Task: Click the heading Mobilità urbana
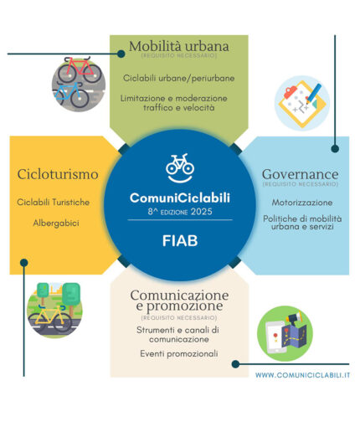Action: click(179, 46)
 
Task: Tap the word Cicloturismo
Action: click(58, 174)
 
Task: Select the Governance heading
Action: click(300, 174)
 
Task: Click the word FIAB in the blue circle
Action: click(180, 241)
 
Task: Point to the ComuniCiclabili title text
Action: click(180, 198)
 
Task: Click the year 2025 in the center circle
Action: click(201, 212)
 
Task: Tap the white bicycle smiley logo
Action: click(180, 168)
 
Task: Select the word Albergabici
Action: click(56, 224)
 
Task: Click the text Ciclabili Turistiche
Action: click(54, 202)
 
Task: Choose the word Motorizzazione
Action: click(302, 203)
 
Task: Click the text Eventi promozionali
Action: click(179, 353)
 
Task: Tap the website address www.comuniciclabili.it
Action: click(302, 375)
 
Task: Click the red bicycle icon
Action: click(80, 69)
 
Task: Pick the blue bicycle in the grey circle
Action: click(72, 95)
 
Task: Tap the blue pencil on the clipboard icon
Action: click(314, 93)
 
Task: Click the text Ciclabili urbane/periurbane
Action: click(178, 78)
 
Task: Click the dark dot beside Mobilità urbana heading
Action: click(121, 54)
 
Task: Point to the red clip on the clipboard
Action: click(291, 92)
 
